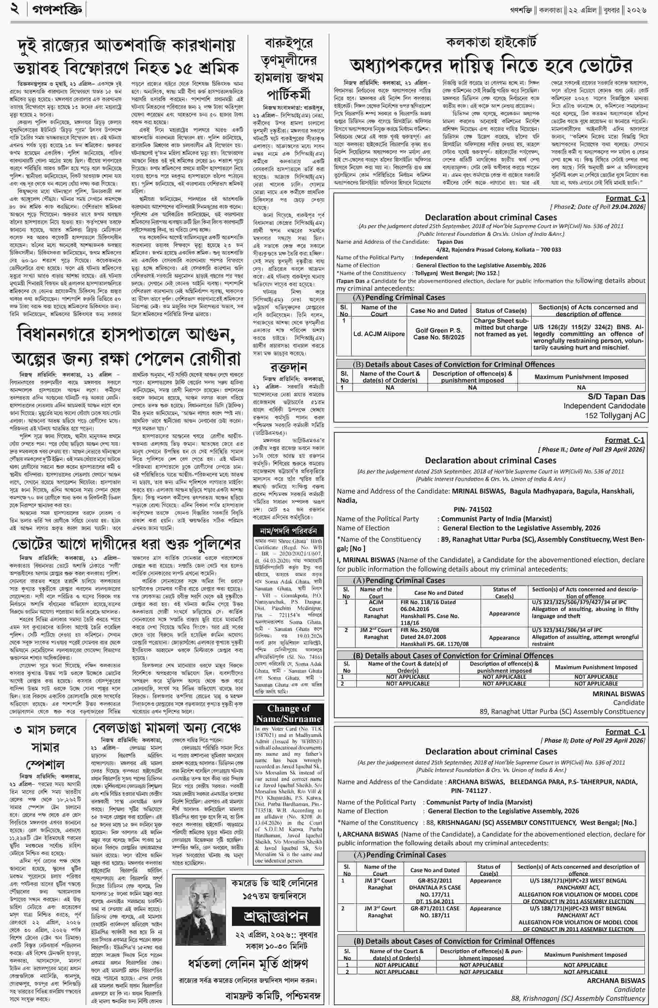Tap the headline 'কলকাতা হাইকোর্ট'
[491, 42]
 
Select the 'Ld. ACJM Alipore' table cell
[379, 334]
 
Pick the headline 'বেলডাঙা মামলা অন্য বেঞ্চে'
[167, 729]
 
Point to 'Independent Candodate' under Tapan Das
[604, 406]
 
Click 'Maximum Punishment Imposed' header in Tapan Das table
[581, 377]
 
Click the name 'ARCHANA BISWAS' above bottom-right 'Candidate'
[616, 981]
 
